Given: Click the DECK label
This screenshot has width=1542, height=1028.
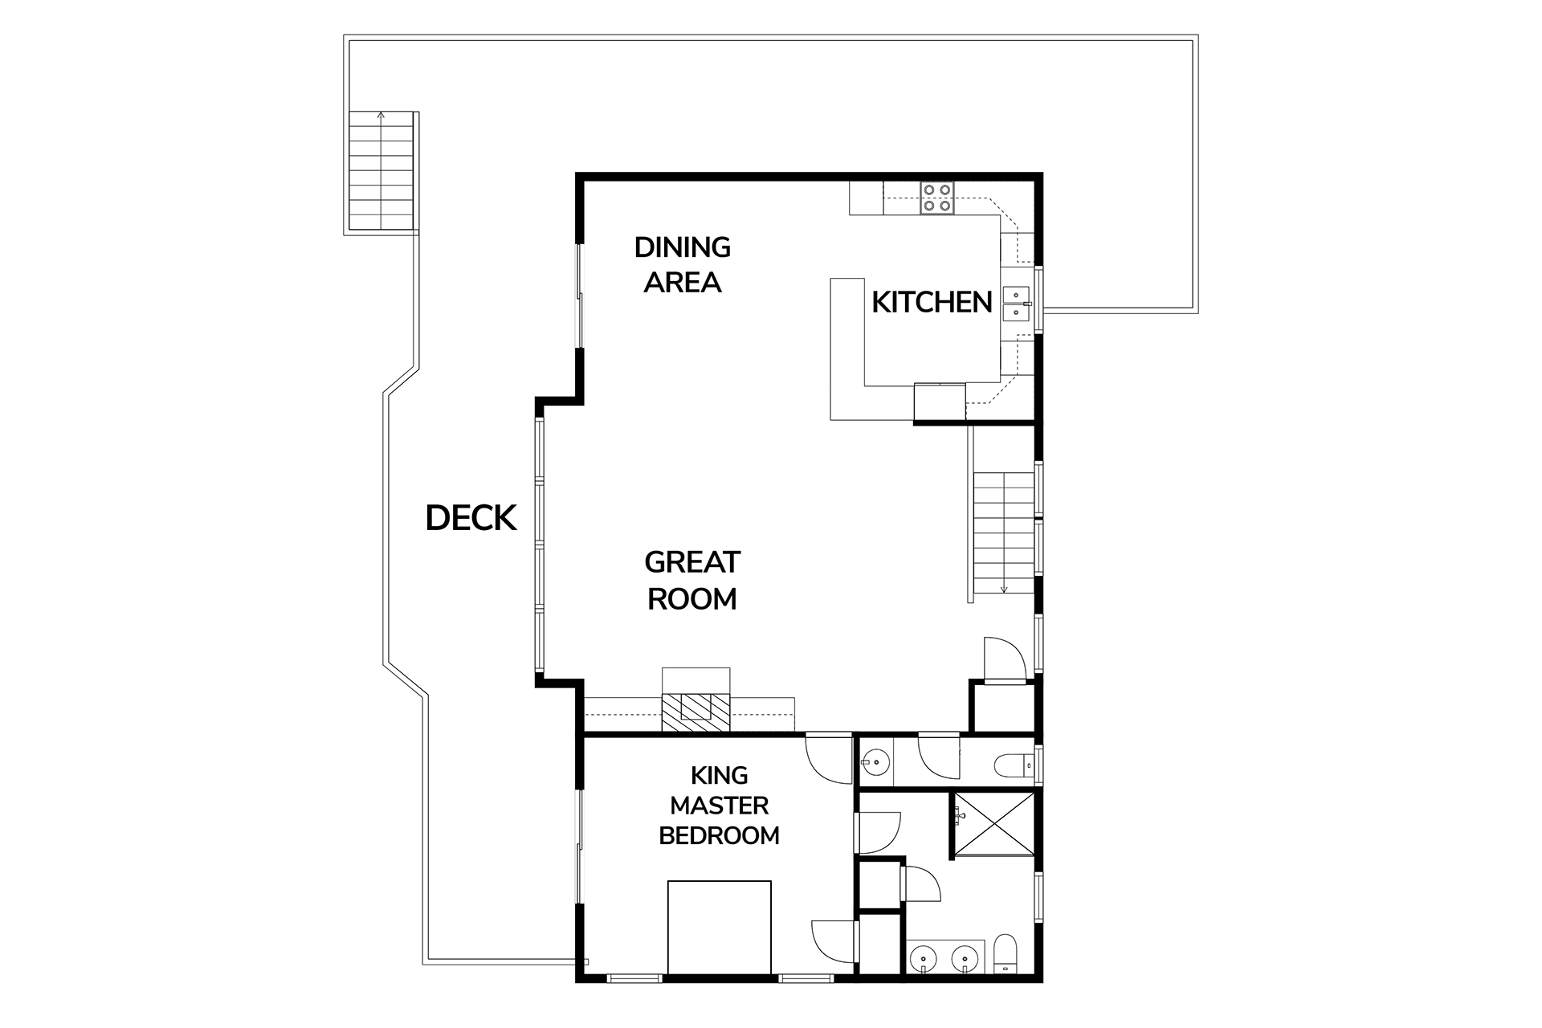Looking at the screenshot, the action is pos(471,519).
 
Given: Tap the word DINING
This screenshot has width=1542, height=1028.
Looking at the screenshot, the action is pos(683,247).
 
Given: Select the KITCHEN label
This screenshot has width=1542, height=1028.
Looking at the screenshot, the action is pos(932,303).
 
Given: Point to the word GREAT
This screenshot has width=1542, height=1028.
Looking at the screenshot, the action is pos(692,562).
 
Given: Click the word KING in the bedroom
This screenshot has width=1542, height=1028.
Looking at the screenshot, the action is pos(720,775).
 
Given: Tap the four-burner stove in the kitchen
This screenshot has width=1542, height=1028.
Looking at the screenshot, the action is pos(937,198).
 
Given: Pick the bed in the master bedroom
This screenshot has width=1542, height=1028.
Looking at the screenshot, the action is pos(719,928).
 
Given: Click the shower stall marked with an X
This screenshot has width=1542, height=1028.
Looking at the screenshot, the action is pos(993,824).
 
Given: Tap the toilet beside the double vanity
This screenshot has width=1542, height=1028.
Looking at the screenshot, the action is pos(1005,956).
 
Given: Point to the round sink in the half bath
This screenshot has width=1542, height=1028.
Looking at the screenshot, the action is pos(875,759).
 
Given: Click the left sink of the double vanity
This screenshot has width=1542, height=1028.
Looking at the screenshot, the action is pos(924,959).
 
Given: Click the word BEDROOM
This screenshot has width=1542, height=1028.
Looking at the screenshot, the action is pos(720,836).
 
